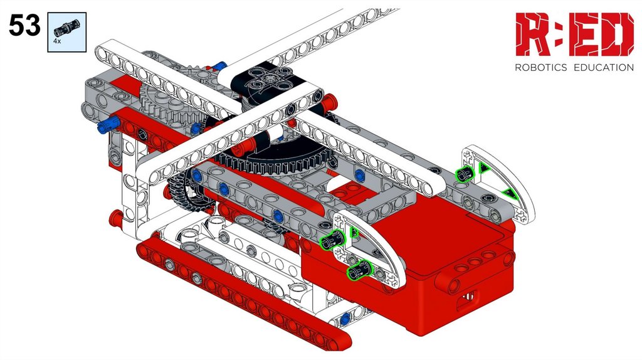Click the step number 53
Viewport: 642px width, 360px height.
point(24,25)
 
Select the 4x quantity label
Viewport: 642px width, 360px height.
point(57,41)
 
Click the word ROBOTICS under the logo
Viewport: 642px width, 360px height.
point(540,68)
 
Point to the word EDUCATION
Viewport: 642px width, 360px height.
point(604,68)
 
